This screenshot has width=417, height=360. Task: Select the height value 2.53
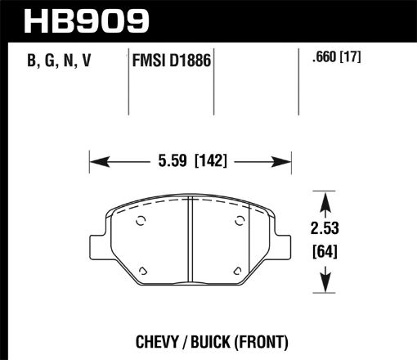[x=327, y=227]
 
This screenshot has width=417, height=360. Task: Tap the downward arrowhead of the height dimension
[x=327, y=286]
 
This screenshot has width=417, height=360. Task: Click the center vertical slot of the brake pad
[x=189, y=245]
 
